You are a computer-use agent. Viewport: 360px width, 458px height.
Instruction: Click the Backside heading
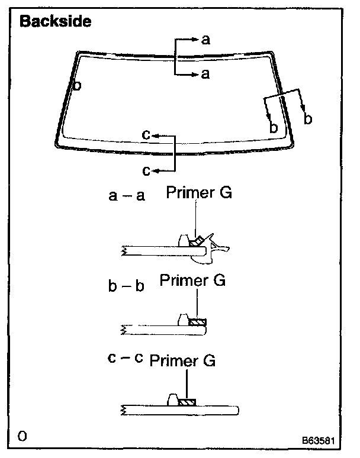[x=55, y=22]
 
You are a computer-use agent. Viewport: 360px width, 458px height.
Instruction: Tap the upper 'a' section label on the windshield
[x=205, y=40]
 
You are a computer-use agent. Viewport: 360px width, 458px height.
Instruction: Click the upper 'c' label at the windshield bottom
[x=146, y=136]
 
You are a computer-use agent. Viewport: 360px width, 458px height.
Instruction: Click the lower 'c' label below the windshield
[x=146, y=170]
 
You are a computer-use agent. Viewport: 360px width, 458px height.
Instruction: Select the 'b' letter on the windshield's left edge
[x=77, y=85]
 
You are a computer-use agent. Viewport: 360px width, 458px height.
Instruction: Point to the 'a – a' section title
[x=127, y=196]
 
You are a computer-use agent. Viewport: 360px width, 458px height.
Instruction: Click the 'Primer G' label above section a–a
[x=198, y=193]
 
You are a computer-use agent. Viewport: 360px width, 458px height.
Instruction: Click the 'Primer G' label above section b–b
[x=192, y=280]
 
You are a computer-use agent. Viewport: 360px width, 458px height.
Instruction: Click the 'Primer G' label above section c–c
[x=182, y=360]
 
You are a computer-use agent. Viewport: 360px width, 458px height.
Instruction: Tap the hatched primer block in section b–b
[x=197, y=322]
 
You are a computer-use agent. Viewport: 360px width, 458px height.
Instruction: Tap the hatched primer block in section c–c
[x=187, y=402]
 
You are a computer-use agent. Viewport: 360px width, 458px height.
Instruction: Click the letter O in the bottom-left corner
[x=22, y=437]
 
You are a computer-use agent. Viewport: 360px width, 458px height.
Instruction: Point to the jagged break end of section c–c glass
[x=124, y=409]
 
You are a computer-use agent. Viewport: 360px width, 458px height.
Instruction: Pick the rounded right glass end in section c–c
[x=236, y=409]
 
